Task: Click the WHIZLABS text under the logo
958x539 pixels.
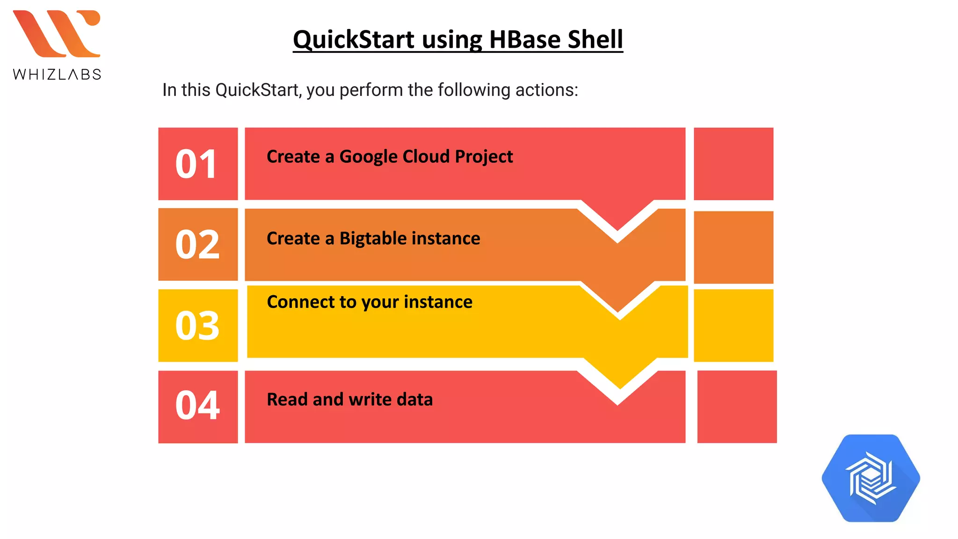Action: click(57, 74)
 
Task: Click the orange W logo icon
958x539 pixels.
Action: click(57, 33)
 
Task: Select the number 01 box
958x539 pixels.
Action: click(198, 164)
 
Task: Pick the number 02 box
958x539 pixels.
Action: click(198, 244)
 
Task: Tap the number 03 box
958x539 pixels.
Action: click(198, 325)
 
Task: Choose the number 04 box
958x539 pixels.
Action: click(198, 407)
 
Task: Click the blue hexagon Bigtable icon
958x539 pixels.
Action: click(871, 478)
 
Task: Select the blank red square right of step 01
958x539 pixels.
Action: click(733, 164)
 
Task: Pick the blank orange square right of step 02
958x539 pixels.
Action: click(733, 247)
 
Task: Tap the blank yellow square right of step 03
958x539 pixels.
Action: click(733, 325)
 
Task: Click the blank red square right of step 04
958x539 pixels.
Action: click(737, 407)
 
